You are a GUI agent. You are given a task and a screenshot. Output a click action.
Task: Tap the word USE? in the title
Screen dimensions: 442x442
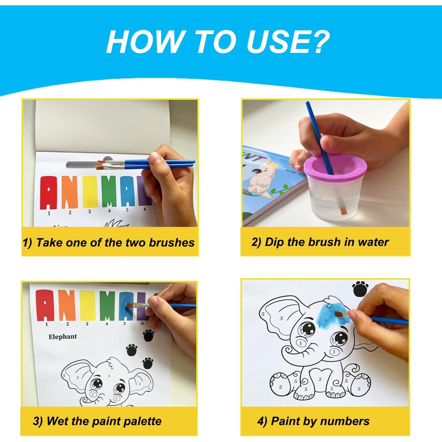pyautogui.click(x=288, y=42)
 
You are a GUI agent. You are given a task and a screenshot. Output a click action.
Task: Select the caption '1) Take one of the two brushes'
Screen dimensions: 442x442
pyautogui.click(x=108, y=243)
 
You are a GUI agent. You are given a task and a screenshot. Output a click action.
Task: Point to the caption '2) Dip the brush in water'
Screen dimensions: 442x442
pyautogui.click(x=320, y=242)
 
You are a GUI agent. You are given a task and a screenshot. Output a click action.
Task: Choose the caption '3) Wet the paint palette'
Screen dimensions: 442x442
pyautogui.click(x=97, y=421)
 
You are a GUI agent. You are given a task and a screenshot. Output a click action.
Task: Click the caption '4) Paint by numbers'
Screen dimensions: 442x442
pyautogui.click(x=313, y=421)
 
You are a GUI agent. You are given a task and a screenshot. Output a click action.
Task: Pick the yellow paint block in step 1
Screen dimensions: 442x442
pyautogui.click(x=90, y=192)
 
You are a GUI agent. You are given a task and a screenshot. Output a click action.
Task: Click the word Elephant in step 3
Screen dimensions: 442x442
pyautogui.click(x=62, y=337)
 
